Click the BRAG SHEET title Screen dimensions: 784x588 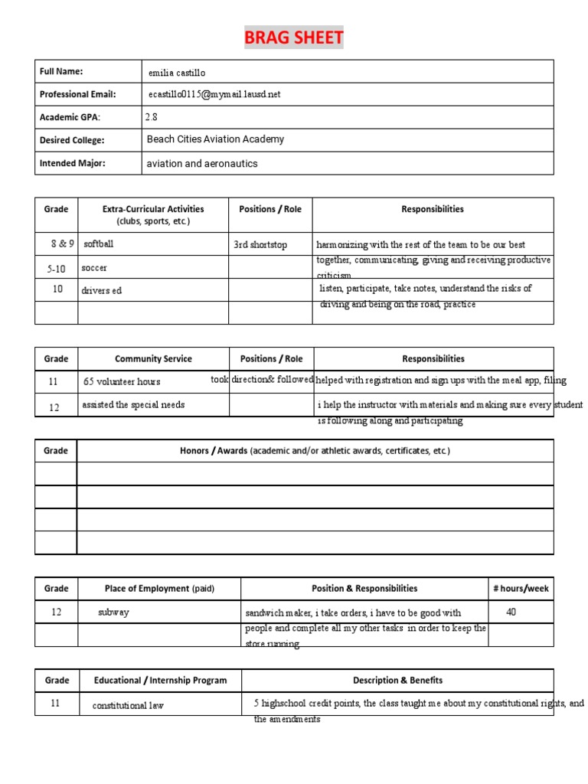(x=293, y=38)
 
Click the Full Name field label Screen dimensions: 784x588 (x=61, y=72)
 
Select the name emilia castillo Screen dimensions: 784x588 (x=177, y=73)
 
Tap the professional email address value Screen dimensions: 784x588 (x=214, y=94)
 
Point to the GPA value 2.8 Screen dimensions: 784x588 (x=151, y=117)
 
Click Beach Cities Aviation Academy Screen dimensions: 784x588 (x=215, y=139)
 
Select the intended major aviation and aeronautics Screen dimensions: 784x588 (x=202, y=164)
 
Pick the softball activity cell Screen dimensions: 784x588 (x=99, y=244)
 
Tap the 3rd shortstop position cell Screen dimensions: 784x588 (x=260, y=245)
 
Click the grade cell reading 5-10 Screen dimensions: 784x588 (x=56, y=269)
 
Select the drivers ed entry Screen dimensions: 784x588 (x=102, y=291)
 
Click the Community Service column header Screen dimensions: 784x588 (x=153, y=358)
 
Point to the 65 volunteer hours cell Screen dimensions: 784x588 (x=122, y=381)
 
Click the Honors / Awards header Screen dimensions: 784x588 (x=315, y=451)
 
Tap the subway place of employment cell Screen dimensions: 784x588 (x=113, y=612)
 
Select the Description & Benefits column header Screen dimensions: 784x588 (x=397, y=680)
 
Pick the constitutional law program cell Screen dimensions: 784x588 (x=128, y=705)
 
